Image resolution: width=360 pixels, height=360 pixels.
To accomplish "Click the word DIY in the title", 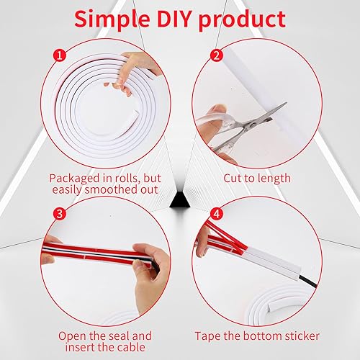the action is (174, 19).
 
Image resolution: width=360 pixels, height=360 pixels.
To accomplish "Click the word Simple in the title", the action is (112, 20).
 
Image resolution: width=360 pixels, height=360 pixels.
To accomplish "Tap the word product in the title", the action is (242, 20).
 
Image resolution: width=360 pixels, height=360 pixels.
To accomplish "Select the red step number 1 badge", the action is (60, 56).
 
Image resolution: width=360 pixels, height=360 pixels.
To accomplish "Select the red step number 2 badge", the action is (217, 55).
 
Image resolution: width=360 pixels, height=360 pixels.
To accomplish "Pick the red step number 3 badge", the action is (60, 213).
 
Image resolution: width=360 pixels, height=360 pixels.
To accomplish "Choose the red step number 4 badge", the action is (217, 213).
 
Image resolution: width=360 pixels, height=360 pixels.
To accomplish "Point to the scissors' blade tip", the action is (286, 103).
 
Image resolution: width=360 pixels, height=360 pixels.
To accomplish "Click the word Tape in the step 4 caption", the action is (207, 336).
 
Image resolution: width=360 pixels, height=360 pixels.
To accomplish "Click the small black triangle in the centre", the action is (180, 199).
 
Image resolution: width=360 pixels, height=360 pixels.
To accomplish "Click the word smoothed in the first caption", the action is (108, 189).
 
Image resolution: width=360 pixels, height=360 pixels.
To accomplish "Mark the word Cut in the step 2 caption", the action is (232, 179).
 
